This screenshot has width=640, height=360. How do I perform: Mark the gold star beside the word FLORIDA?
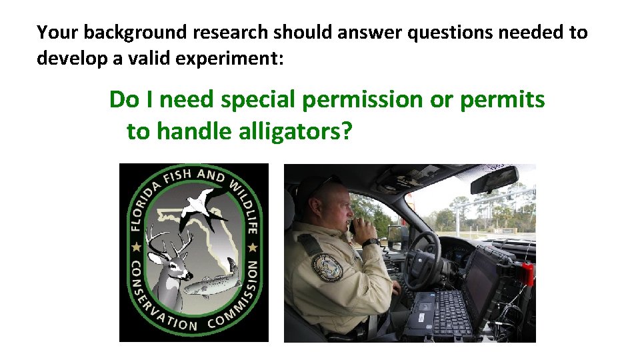coord(137,247)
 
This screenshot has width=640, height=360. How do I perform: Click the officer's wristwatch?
coord(371,242)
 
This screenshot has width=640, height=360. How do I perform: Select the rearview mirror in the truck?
coord(494,179)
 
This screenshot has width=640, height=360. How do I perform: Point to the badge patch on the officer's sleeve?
coord(327,267)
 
